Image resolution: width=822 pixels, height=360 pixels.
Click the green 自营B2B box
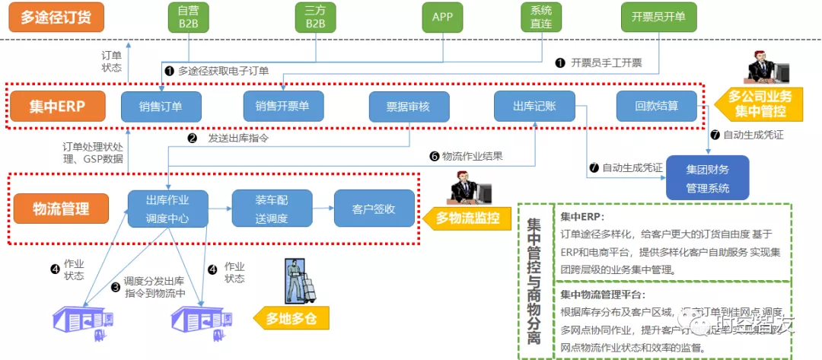click(188, 18)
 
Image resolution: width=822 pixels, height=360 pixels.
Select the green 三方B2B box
click(315, 18)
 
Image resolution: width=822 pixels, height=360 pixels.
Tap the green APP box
click(441, 17)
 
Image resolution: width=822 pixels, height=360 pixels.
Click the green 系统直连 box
click(541, 18)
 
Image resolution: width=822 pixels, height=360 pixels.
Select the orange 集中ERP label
click(57, 107)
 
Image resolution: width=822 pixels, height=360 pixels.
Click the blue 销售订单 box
click(161, 107)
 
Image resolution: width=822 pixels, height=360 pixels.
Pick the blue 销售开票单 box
click(283, 107)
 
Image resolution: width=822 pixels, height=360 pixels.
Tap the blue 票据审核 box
click(409, 107)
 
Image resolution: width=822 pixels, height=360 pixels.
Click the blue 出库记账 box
click(534, 107)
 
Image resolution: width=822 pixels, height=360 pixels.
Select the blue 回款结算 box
click(657, 107)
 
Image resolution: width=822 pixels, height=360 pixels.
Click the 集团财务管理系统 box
click(707, 177)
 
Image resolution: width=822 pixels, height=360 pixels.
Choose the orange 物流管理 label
click(61, 208)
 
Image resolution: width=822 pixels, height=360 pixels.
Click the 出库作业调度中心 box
click(167, 209)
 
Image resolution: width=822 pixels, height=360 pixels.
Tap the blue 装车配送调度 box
click(272, 209)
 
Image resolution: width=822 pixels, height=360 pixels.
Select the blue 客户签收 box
click(374, 209)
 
